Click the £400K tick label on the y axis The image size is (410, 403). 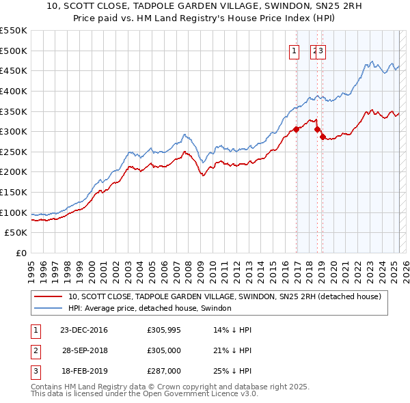click(14, 91)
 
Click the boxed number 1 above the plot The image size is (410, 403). click(294, 50)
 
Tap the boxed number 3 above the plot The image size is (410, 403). click(320, 50)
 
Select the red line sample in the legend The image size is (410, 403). click(49, 297)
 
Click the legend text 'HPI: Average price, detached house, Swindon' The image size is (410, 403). click(150, 309)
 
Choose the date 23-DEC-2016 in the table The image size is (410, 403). click(84, 330)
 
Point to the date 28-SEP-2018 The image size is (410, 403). click(85, 350)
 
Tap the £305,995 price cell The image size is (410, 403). click(164, 330)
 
